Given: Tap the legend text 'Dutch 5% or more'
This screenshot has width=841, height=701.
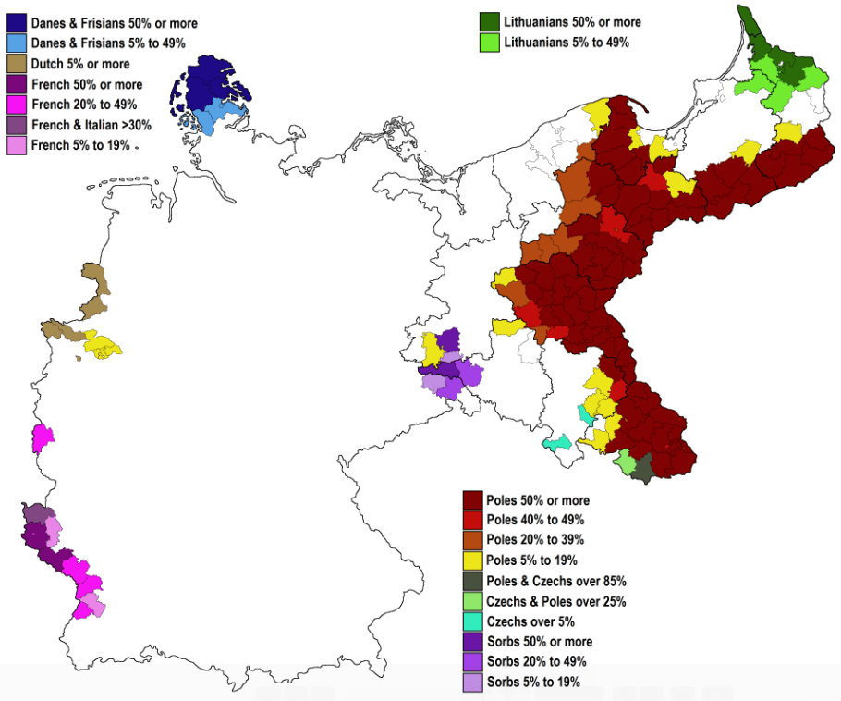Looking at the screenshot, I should click(80, 64).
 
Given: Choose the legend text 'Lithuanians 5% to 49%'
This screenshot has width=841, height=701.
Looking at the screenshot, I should click(567, 43).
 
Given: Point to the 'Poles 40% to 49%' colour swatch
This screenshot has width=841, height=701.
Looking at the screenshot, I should click(474, 520).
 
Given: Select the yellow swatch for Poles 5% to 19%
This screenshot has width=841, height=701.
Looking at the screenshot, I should click(474, 560).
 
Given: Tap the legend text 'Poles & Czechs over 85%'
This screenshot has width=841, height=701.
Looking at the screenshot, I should click(556, 581).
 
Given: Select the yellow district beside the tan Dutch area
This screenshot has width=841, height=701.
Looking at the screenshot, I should click(101, 346).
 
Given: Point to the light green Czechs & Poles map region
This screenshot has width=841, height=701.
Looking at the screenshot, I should click(625, 460).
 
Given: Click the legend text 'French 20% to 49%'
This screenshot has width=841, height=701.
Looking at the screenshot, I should click(84, 104).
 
